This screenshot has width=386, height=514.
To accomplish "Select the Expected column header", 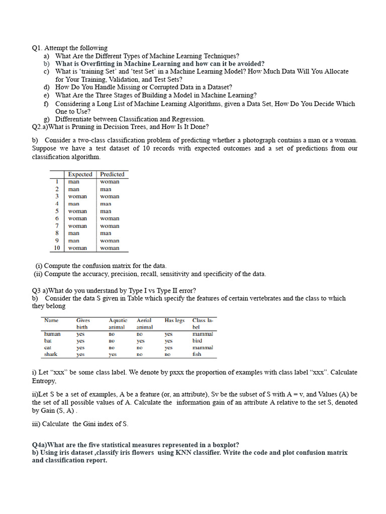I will [80, 174].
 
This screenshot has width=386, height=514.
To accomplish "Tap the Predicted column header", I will [112, 174].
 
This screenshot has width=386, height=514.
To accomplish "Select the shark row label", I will [51, 354].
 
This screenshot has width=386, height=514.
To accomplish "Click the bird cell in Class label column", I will [197, 340].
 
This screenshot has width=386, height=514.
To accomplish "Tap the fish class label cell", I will [197, 354].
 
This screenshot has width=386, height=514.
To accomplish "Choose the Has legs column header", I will [174, 320].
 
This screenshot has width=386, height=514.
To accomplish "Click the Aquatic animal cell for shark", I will [113, 354].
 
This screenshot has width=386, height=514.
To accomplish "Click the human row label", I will [52, 334].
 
